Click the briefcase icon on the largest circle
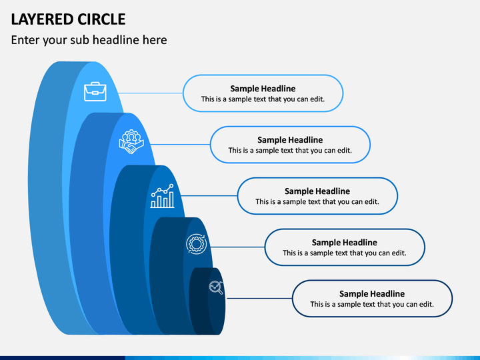[95, 91]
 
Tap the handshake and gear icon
[131, 142]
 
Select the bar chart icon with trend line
[162, 196]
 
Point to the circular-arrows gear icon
[196, 244]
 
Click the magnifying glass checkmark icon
[216, 287]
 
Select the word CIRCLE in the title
[101, 19]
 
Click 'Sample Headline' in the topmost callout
[263, 89]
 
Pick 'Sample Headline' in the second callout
[290, 140]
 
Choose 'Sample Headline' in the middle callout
[317, 191]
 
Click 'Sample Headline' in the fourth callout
[345, 243]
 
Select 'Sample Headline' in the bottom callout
[372, 294]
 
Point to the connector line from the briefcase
[151, 93]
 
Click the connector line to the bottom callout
[259, 298]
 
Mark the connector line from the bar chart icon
[209, 195]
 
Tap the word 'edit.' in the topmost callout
[317, 99]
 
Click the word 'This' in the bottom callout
[316, 304]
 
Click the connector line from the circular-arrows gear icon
[237, 247]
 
